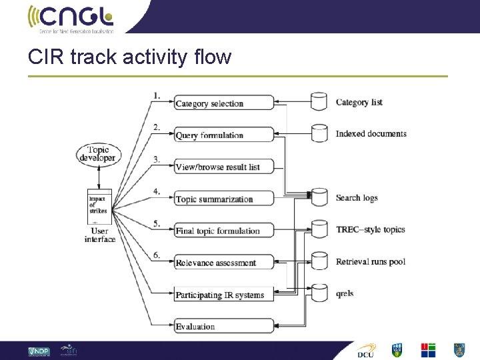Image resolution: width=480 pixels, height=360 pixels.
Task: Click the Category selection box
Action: [x=224, y=103]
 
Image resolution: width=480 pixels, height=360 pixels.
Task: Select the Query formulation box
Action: [x=224, y=135]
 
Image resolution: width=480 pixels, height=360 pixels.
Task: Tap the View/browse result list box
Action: [x=224, y=167]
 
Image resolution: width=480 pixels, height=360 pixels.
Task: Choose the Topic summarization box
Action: [x=224, y=199]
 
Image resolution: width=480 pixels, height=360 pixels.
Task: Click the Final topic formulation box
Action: [x=224, y=231]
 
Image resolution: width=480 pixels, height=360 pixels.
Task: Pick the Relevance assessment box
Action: [x=224, y=263]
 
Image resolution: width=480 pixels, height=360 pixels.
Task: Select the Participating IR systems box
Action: [x=224, y=294]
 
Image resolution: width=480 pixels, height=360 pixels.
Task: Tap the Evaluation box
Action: [x=224, y=326]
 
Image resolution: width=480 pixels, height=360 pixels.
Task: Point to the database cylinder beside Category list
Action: [x=320, y=101]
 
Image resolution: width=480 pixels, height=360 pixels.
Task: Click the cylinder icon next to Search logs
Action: [x=320, y=197]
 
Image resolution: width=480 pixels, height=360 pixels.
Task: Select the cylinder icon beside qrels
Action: [x=320, y=293]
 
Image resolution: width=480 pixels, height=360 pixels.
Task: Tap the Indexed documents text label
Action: [x=371, y=134]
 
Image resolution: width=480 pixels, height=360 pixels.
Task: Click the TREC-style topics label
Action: [x=370, y=229]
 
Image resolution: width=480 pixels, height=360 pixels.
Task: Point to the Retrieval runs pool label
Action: [x=370, y=261]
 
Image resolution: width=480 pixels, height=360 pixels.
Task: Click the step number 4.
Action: [x=156, y=191]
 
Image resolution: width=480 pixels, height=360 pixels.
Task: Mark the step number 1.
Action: [x=156, y=95]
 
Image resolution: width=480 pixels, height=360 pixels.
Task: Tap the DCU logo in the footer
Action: [x=366, y=350]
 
